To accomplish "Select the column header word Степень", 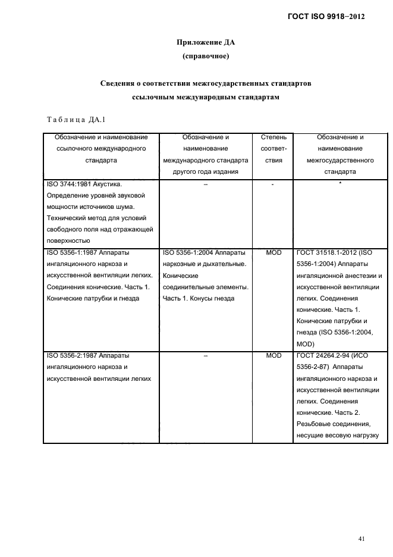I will click(x=273, y=137).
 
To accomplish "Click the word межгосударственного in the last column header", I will click(x=340, y=160).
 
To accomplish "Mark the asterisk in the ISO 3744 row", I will click(x=340, y=184).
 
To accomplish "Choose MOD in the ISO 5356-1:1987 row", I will click(x=273, y=253).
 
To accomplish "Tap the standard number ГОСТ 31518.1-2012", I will click(x=331, y=253).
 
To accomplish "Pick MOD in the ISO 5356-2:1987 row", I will click(x=273, y=355).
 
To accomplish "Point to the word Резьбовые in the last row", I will click(x=313, y=424).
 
